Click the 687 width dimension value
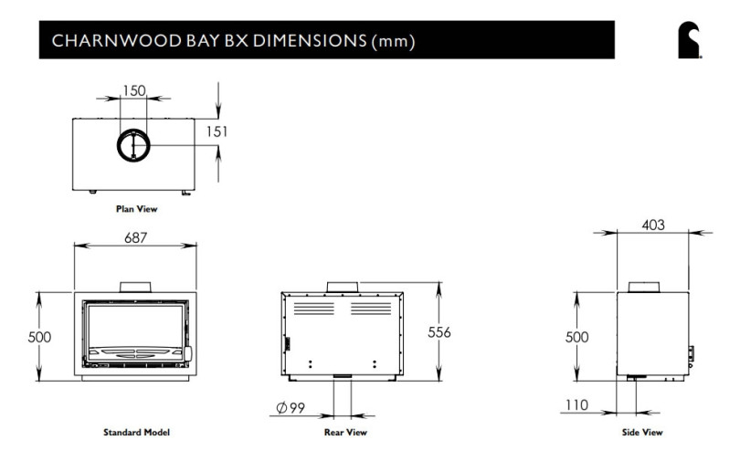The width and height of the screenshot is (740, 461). point(134,237)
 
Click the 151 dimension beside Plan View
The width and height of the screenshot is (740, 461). point(215,131)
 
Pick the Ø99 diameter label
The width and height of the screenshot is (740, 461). point(291,408)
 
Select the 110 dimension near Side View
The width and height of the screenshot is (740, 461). point(576,405)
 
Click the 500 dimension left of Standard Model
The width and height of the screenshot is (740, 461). point(39,336)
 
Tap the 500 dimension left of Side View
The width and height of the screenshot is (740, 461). point(576,336)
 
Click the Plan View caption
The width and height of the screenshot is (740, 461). point(136,209)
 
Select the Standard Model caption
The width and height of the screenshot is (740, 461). point(136,432)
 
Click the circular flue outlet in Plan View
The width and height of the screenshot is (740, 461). point(134,144)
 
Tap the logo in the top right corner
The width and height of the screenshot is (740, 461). point(689,42)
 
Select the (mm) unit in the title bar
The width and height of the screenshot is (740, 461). point(396,42)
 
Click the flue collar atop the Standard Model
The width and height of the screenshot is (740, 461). point(135,287)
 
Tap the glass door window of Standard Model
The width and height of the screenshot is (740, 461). point(134,324)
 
